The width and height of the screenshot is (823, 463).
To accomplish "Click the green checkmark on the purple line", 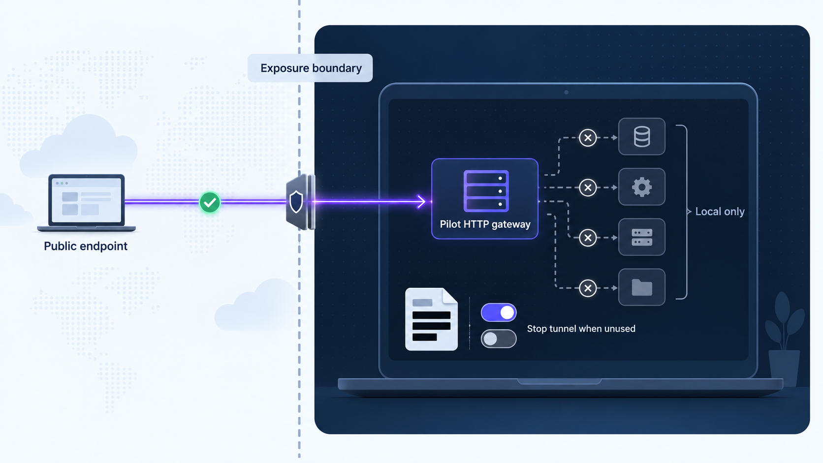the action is (210, 202).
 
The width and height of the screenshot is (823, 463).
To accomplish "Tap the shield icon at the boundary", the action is (296, 202).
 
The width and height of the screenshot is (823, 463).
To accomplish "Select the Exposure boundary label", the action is (311, 68).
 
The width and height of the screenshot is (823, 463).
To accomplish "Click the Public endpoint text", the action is (86, 246).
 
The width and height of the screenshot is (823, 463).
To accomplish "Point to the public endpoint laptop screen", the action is (86, 200).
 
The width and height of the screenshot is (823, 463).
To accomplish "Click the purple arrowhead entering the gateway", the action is (421, 201).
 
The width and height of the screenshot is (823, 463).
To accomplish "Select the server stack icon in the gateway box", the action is (486, 191).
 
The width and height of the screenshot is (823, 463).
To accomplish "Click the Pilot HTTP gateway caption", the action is (485, 224).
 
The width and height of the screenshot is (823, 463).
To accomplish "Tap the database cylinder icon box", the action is (642, 137).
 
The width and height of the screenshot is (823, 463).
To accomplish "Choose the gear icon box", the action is (642, 187).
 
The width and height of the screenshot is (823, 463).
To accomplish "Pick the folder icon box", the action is (642, 287).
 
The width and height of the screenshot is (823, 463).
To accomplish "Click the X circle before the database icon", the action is (588, 138).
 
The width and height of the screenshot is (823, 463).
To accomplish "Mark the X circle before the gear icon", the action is (588, 187).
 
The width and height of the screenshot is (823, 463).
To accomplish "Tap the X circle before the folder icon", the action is (588, 288).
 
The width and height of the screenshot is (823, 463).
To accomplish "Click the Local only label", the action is (720, 212).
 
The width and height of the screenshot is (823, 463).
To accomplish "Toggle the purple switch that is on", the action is (499, 312).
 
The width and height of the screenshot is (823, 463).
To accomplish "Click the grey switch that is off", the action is (499, 339).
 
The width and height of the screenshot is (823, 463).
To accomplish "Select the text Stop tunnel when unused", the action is (581, 329).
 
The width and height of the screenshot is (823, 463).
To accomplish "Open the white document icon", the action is (431, 319).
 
